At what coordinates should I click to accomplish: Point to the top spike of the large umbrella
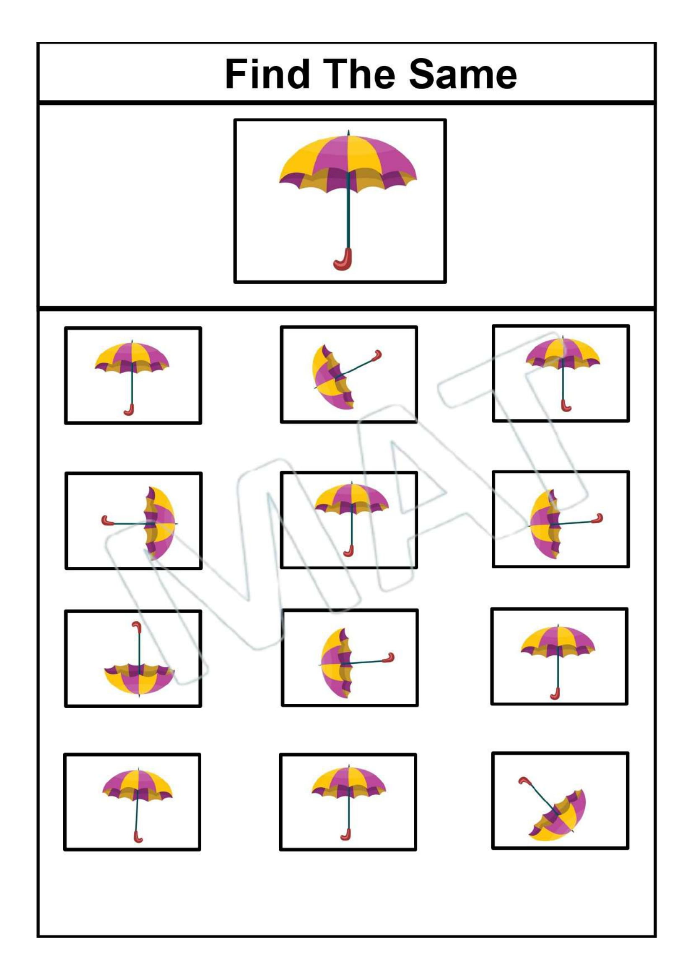348,133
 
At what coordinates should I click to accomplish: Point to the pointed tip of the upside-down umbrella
139,696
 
